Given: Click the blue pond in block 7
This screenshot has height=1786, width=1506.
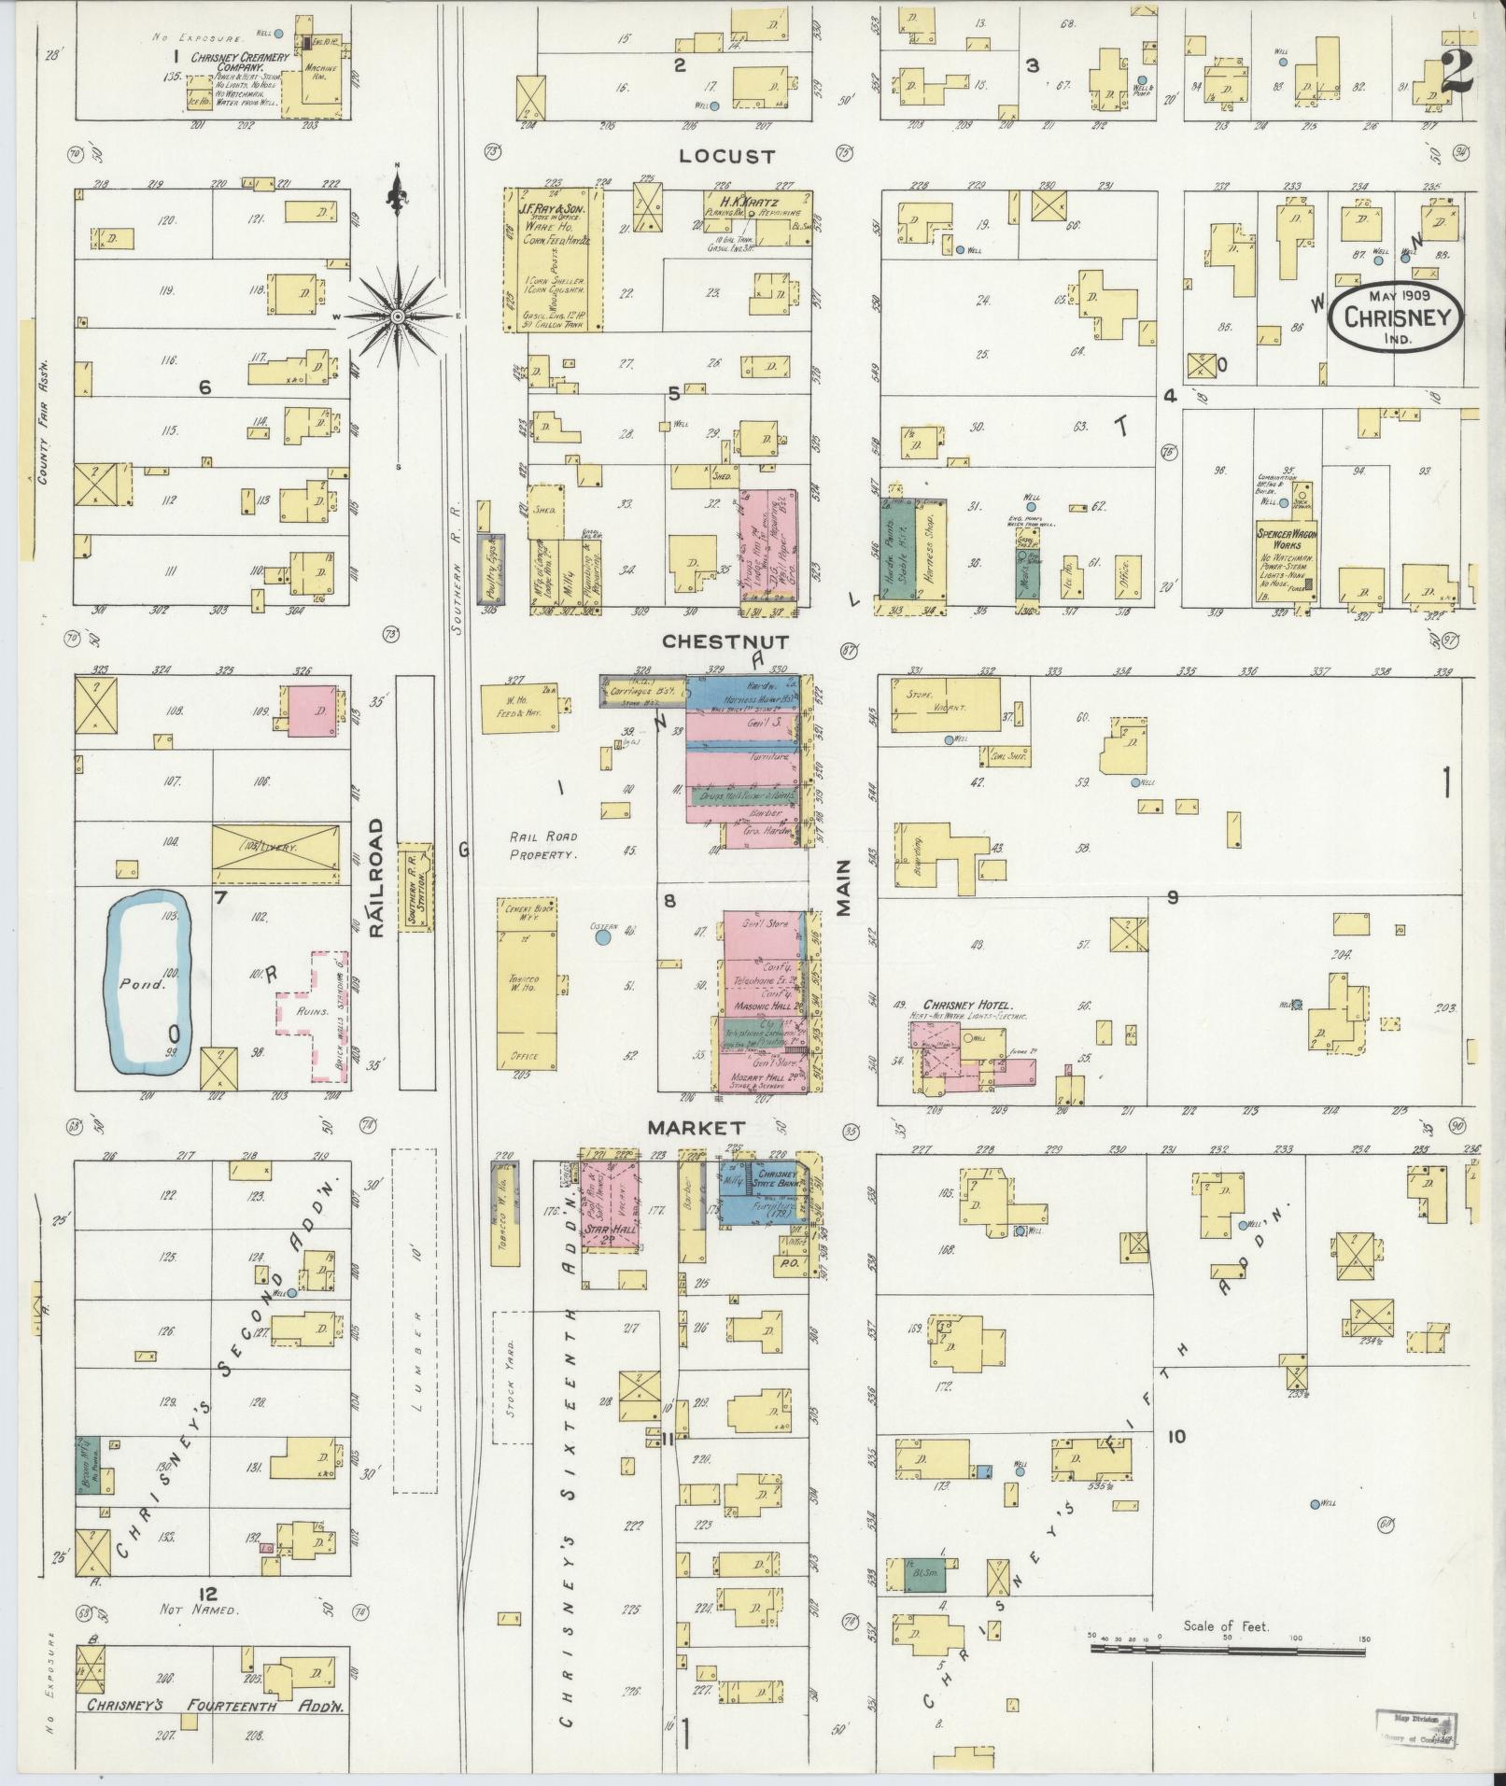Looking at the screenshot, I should tap(149, 982).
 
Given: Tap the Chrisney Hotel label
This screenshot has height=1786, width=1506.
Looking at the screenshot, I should tap(969, 1005).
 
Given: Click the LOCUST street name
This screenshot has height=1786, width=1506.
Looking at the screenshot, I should tap(715, 155).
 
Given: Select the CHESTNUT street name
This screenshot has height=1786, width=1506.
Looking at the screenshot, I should tap(725, 641).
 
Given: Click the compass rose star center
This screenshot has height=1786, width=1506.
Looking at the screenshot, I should tap(399, 317).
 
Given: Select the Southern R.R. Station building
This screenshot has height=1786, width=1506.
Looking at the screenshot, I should tap(415, 886).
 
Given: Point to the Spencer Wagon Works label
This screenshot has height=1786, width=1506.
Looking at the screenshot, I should tap(1286, 539).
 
